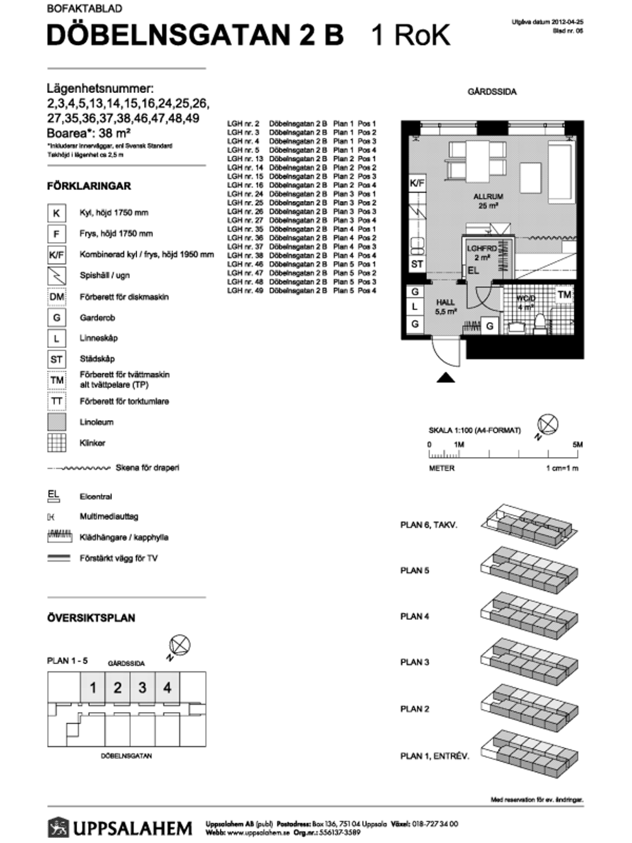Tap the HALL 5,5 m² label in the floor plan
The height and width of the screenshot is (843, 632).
coord(446,307)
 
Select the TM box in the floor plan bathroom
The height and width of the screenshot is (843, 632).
coord(564,295)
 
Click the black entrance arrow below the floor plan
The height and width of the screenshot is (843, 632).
coord(446,378)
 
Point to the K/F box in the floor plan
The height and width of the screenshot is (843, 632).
coord(417,183)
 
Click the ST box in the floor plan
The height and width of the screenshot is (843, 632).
coord(416,264)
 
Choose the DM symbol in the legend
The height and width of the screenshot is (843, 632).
coord(57,297)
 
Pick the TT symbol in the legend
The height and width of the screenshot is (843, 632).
coord(57,401)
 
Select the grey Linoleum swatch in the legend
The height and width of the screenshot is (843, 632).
coord(57,422)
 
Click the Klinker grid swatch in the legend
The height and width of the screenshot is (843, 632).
coord(57,443)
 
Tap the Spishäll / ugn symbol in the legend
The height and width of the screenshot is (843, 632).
coord(57,276)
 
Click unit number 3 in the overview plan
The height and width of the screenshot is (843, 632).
coord(142,687)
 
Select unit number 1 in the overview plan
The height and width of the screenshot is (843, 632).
coord(93,687)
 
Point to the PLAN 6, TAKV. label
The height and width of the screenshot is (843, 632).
coord(428,525)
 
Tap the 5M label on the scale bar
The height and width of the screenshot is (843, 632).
coord(577,445)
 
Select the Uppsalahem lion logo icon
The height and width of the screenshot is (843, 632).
coord(58,827)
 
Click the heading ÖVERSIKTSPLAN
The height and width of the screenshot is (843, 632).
coord(91,618)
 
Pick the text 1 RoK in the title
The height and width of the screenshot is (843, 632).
coord(411,35)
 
